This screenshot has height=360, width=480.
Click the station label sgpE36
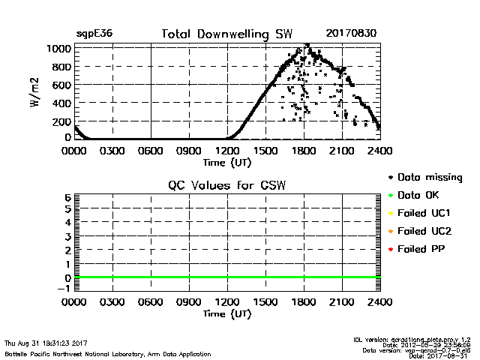[x=94, y=34]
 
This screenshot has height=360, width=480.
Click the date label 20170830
[x=352, y=34]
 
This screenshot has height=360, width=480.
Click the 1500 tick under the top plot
[x=265, y=151]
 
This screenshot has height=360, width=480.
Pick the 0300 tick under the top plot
[x=112, y=151]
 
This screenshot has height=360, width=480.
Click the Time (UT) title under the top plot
[x=227, y=162]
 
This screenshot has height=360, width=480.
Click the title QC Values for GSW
[x=227, y=186]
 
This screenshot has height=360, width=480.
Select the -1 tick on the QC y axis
[x=64, y=288]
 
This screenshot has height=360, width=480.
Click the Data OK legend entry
[x=421, y=196]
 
